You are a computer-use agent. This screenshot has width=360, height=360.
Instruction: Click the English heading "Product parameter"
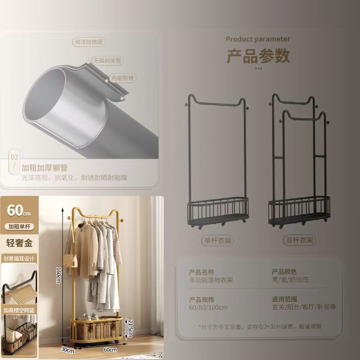[x=258, y=39]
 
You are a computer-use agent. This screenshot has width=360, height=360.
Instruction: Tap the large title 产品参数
[x=258, y=56]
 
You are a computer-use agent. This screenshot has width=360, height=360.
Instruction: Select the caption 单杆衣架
[x=217, y=240]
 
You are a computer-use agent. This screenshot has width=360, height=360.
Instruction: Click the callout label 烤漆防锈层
[x=89, y=42]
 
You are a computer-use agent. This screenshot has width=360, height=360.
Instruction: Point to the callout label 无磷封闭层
[x=108, y=60]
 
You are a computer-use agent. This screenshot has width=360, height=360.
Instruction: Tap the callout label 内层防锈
[x=123, y=78]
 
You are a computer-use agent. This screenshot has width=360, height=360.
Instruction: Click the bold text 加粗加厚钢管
[x=45, y=168]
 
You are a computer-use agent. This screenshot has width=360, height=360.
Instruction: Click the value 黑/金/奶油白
[x=290, y=280]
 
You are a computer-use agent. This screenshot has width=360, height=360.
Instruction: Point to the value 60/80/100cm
[x=208, y=307]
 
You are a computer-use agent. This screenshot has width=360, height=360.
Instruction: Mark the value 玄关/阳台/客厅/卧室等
[x=304, y=307]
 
